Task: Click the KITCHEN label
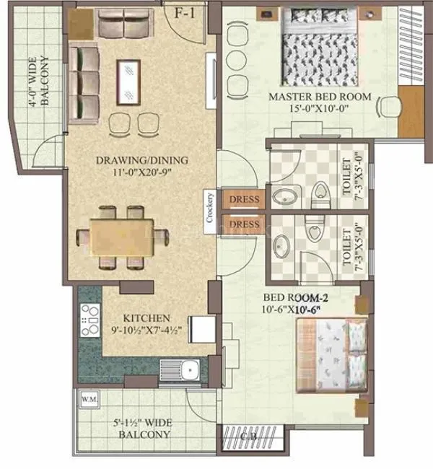click(146, 317)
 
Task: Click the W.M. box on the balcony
click(89, 399)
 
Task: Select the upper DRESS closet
click(244, 198)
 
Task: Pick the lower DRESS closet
click(244, 224)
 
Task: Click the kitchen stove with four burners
click(90, 320)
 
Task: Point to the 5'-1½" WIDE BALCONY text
click(141, 429)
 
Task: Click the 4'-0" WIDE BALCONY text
click(40, 84)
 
